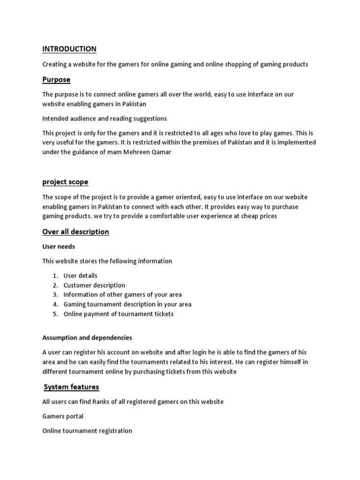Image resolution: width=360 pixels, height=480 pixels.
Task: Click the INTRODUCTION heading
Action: pos(69,49)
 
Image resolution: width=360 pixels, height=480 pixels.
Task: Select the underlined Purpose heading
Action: pos(56,80)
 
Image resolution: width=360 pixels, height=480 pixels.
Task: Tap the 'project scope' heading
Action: pos(65,182)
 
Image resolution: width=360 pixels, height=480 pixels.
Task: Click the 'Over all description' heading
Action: pos(75,232)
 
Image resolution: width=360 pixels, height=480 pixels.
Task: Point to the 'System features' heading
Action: pos(71,387)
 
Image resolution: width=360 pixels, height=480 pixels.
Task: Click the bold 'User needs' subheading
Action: pos(59,247)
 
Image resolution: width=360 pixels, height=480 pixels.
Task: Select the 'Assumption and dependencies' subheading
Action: pos(87,337)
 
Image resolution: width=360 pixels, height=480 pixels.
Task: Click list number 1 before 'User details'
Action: pos(55,276)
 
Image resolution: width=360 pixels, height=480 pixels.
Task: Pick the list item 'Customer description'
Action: pos(94,285)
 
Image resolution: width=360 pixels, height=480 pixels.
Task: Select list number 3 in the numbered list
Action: pos(55,295)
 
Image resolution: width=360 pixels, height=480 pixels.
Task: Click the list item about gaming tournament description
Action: pos(127,304)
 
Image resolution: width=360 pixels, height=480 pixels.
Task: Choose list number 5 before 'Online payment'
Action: pos(55,314)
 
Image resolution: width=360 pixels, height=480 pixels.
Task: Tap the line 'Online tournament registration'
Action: pos(87,431)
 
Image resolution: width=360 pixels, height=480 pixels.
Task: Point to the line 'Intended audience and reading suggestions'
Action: pos(105,119)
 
